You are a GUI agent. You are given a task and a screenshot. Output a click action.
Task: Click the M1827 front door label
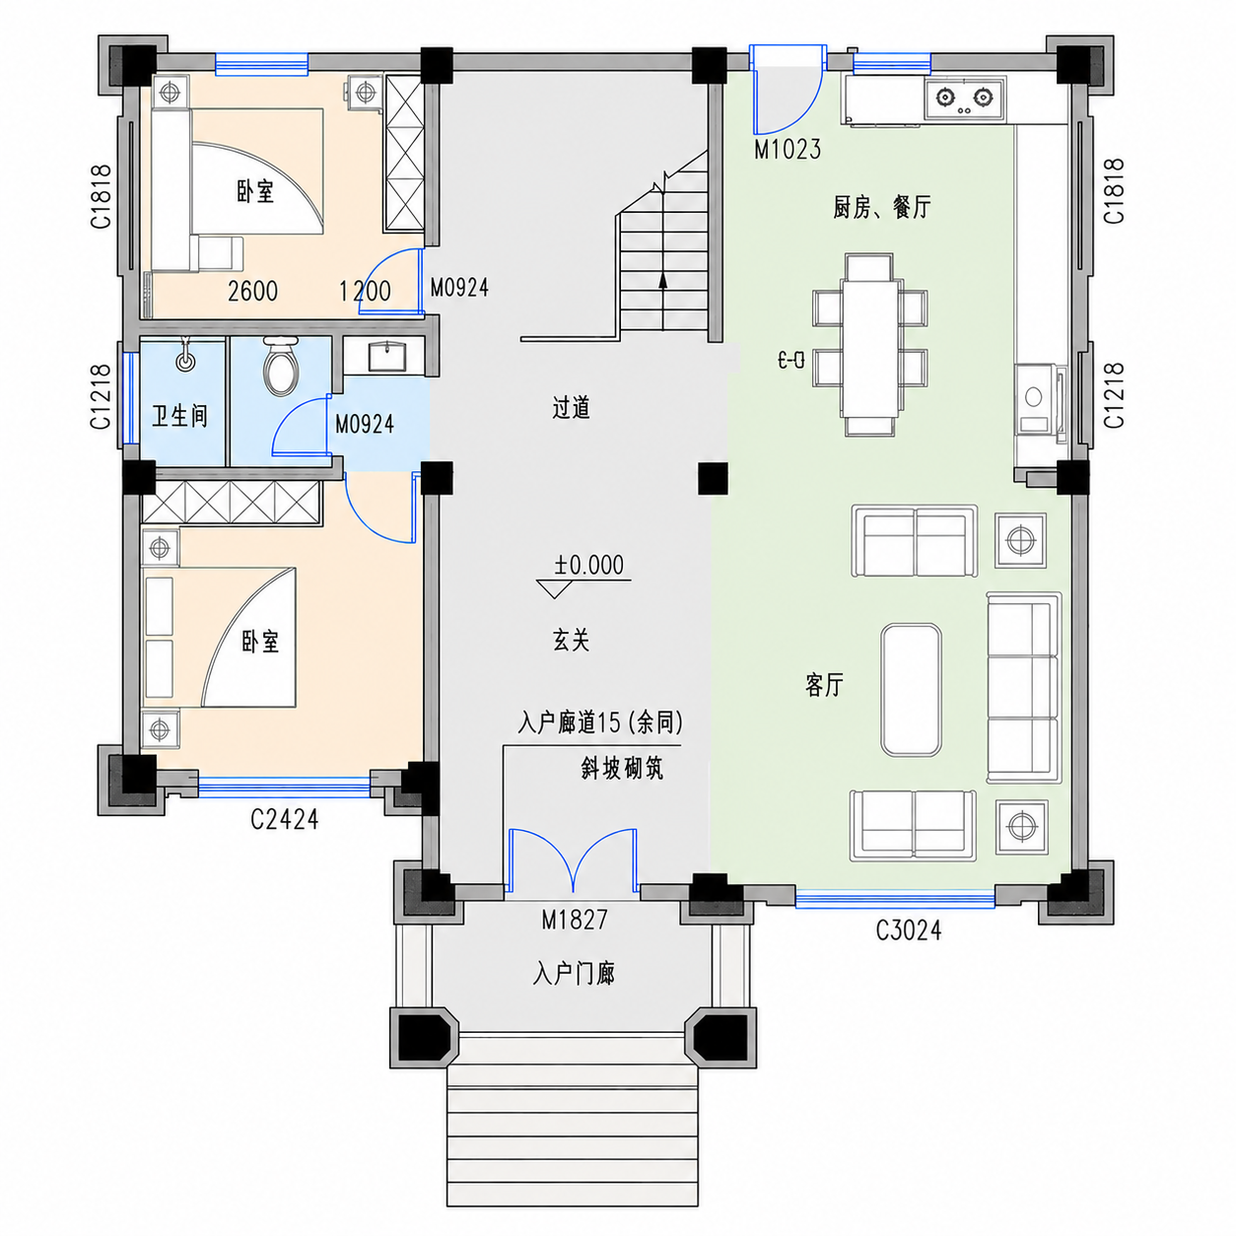[574, 921]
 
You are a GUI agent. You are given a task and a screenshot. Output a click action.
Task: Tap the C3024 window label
[908, 930]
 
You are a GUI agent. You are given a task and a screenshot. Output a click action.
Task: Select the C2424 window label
[284, 819]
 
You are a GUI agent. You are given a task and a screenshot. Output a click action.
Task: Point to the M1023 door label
[787, 149]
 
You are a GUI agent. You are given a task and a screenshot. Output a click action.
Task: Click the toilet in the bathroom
[280, 367]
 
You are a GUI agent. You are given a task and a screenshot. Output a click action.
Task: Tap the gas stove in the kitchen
[965, 99]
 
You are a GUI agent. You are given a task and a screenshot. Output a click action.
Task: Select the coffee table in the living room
[911, 689]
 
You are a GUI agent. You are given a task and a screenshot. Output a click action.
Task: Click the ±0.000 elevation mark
[588, 565]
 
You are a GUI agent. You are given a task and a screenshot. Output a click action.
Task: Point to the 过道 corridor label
[571, 407]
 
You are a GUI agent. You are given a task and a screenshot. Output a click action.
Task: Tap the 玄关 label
[571, 640]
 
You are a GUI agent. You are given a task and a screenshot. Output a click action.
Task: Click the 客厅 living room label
[824, 684]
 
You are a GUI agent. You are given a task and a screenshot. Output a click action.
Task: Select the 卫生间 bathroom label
[179, 416]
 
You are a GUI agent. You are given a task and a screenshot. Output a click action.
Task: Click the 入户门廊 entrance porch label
[574, 974]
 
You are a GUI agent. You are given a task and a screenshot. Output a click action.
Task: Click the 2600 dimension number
[252, 291]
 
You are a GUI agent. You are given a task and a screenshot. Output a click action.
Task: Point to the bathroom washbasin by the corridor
[386, 356]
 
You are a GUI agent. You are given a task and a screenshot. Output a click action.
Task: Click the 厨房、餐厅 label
[881, 207]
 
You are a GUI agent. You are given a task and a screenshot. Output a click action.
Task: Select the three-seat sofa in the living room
[1023, 688]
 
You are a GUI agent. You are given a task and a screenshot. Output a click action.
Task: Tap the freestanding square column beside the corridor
[713, 478]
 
